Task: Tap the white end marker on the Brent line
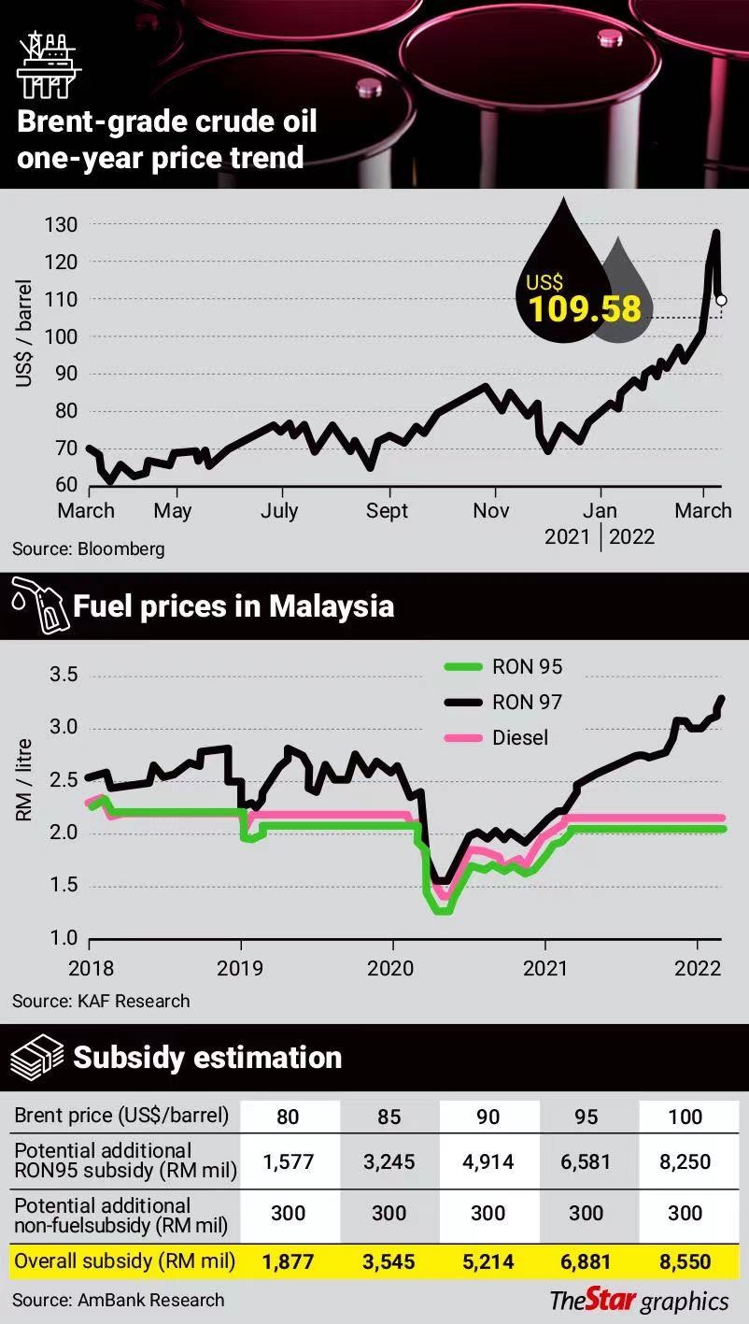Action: [721, 300]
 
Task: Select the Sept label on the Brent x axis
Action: [387, 510]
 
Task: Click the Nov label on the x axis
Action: [491, 510]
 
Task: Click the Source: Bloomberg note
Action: [89, 548]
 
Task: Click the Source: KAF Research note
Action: [101, 1001]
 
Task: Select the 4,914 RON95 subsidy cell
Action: [488, 1162]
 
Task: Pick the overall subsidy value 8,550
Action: [685, 1261]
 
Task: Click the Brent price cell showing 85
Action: [389, 1117]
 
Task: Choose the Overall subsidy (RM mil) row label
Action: [124, 1261]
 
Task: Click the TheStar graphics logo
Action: [639, 1300]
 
